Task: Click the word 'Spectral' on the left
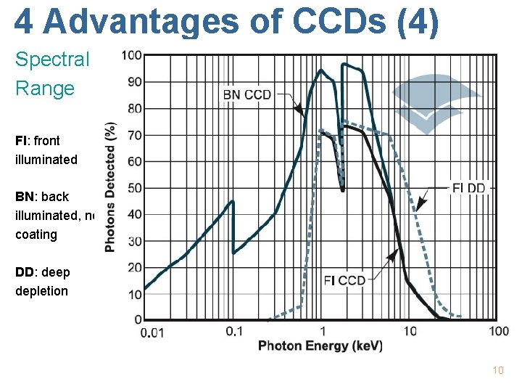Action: [52, 60]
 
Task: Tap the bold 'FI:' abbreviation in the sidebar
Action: [22, 140]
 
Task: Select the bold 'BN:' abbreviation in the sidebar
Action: [25, 197]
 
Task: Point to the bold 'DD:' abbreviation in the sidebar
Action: [25, 272]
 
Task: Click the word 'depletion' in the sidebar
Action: [41, 291]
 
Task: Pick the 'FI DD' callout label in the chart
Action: [469, 188]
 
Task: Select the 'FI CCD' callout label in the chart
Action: [344, 281]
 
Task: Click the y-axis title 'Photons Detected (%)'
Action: [110, 187]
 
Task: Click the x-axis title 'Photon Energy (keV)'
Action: [320, 346]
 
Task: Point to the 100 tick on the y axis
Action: [131, 55]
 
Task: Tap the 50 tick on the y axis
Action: [133, 188]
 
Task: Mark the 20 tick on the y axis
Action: [133, 268]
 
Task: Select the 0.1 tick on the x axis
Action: [234, 332]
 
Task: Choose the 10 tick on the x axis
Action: [410, 332]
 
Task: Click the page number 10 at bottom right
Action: [497, 371]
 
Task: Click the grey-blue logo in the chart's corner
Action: [435, 102]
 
